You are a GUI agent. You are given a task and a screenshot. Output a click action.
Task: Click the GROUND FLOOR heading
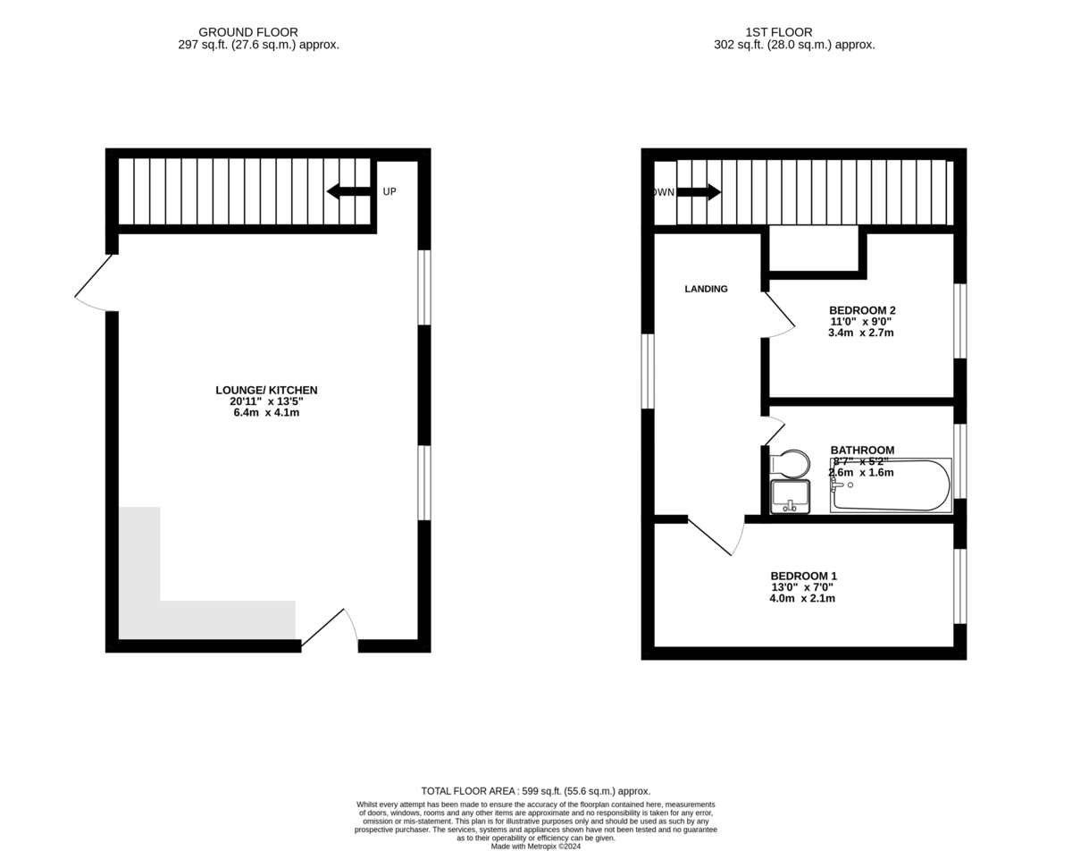[x=248, y=32]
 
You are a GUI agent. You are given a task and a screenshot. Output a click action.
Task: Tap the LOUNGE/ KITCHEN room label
[x=266, y=391]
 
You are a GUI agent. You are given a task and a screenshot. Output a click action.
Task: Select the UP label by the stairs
[x=389, y=192]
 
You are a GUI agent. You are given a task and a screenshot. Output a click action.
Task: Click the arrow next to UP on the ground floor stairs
[x=348, y=191]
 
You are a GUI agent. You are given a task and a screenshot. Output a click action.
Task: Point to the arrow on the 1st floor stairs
[x=699, y=192]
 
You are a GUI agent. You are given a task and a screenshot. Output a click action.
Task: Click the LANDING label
[x=706, y=289]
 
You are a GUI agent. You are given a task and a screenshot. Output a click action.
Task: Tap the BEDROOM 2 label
[x=862, y=310]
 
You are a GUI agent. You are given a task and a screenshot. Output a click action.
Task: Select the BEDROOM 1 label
[x=804, y=576]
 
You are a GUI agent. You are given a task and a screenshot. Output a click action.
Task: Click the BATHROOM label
[x=862, y=451]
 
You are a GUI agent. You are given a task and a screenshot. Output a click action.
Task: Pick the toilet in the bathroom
[x=791, y=463]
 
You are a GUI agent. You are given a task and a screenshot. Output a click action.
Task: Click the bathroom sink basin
[x=791, y=496]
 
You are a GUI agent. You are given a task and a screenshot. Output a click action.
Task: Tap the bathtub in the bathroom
[x=891, y=485]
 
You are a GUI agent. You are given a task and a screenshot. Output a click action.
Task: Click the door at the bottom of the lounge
[x=330, y=628]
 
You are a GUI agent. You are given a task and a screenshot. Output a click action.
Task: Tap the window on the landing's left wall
[x=648, y=371]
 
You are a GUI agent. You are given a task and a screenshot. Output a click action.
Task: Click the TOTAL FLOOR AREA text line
[x=536, y=791]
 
